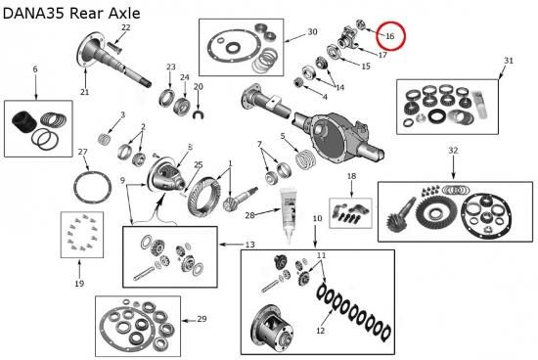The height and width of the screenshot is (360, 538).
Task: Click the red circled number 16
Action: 390,36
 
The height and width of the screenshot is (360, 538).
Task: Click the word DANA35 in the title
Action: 33,13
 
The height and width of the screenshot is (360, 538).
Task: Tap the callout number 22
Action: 126,27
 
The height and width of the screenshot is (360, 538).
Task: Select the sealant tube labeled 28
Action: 288,214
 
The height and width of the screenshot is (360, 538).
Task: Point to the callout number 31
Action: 509,61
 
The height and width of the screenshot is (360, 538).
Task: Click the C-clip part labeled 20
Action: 198,114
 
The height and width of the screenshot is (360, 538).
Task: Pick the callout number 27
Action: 83,152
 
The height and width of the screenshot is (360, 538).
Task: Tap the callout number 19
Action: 79,284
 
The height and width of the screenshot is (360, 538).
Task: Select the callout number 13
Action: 249,245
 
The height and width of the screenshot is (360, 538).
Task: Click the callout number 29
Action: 202,319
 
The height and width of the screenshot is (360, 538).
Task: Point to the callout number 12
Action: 320,331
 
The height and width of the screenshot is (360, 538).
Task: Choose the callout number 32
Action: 453,151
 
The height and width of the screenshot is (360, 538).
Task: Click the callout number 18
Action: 352,176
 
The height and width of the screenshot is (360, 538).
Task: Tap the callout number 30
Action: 312,32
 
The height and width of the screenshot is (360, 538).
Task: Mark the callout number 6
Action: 35,69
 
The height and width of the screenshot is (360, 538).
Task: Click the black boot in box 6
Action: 24,122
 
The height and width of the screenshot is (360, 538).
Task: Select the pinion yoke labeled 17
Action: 348,38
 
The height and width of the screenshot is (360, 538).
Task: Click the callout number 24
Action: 185,77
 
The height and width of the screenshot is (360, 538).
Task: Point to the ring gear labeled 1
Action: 204,197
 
